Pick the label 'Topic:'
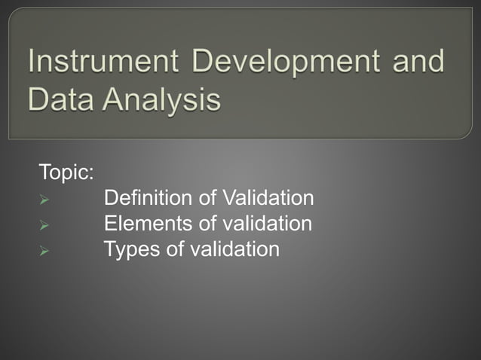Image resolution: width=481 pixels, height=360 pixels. pos(66,172)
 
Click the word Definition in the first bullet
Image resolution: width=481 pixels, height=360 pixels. pos(148,198)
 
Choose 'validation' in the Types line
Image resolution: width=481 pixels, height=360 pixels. pos(234,248)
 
